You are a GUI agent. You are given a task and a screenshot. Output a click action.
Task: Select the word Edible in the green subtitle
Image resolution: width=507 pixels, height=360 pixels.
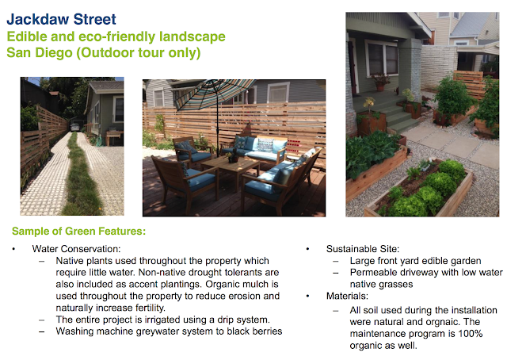[x=26, y=36]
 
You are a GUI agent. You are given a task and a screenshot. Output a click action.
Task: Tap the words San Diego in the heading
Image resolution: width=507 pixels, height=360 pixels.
[x=40, y=52]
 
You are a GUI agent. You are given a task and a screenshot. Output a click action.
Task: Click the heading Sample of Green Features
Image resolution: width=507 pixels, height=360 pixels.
[x=79, y=232]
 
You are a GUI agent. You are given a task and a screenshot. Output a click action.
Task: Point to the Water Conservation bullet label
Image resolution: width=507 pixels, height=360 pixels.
[x=76, y=249]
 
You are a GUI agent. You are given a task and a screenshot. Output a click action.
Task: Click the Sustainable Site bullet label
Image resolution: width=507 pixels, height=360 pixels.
[x=363, y=249]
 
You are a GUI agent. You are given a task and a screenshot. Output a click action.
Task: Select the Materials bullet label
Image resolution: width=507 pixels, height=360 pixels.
[x=347, y=296]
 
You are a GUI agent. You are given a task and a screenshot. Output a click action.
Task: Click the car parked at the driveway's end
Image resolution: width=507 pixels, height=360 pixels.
[x=74, y=127]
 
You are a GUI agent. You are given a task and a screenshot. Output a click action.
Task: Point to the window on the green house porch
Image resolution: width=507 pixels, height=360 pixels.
[x=382, y=59]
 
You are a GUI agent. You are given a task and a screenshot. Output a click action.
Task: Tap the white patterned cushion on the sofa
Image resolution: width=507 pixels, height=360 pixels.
[x=265, y=145]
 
